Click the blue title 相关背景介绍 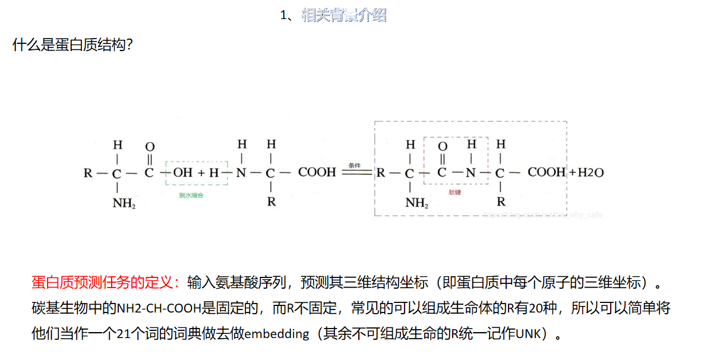click(344, 15)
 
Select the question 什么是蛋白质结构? click(72, 45)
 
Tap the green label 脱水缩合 click(191, 195)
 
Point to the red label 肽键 click(454, 192)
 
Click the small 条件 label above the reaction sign click(355, 165)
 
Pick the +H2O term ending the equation click(586, 173)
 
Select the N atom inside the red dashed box click(470, 173)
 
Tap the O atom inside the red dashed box click(442, 147)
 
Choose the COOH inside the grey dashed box click(547, 173)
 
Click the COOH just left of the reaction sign click(317, 173)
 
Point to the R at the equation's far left click(88, 173)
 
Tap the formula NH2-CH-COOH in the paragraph click(159, 308)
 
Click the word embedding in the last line click(277, 334)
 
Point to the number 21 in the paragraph click(123, 334)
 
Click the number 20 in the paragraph click(528, 308)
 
